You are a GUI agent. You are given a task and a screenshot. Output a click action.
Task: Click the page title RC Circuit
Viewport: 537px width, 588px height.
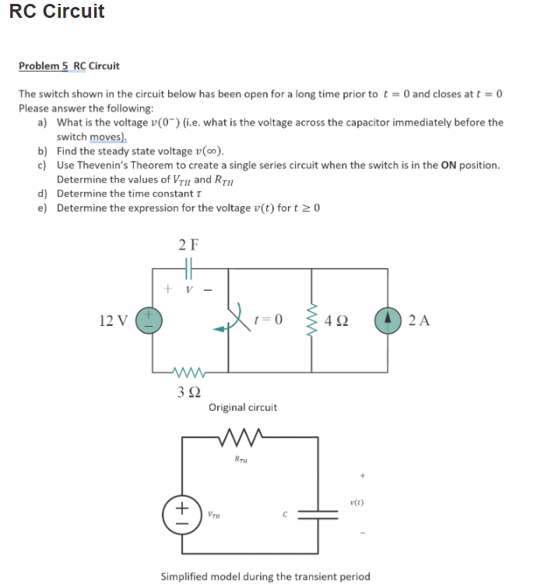57,12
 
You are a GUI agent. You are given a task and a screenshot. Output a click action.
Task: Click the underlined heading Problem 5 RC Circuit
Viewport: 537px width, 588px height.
68,66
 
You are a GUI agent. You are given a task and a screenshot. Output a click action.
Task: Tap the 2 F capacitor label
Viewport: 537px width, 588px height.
188,244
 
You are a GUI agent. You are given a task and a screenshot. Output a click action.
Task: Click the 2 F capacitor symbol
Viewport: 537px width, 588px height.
188,268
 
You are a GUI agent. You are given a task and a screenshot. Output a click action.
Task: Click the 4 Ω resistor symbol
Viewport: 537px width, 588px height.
312,319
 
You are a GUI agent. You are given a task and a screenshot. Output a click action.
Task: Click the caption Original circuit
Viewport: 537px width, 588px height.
242,407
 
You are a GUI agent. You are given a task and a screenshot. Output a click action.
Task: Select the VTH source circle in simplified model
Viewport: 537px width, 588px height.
184,512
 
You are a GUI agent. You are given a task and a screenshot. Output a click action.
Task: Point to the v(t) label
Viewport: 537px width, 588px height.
357,502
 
